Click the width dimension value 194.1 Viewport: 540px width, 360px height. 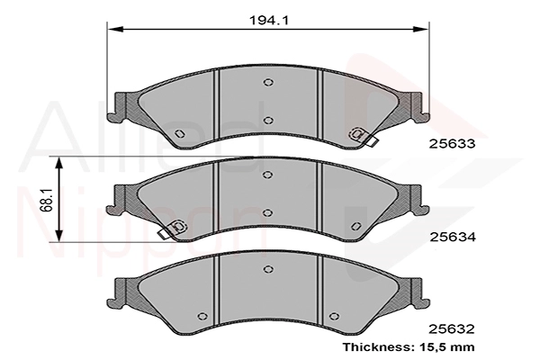point(269,21)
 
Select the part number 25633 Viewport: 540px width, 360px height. point(452,144)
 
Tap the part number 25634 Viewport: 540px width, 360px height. point(452,237)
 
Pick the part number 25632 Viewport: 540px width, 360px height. point(452,329)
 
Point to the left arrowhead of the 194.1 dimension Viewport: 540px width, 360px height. point(115,29)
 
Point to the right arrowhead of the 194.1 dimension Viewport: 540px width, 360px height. point(420,29)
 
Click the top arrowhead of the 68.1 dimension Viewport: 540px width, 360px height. point(59,164)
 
